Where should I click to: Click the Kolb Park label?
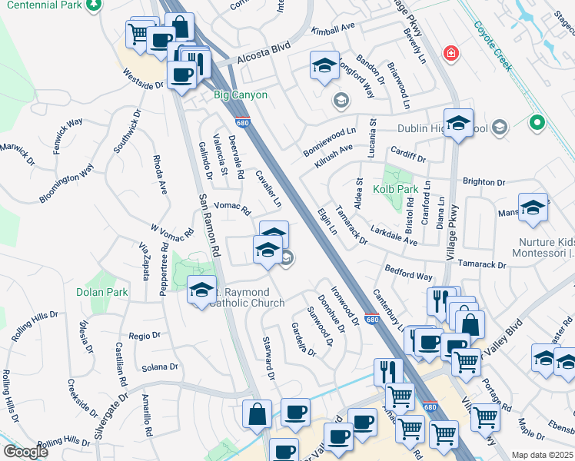pos(395,188)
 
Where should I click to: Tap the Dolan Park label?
pos(101,292)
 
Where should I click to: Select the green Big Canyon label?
pos(240,95)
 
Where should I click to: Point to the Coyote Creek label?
pos(493,45)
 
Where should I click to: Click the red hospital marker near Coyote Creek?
pos(452,54)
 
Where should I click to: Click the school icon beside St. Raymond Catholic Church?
pos(201,289)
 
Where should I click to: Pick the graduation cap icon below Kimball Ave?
pos(324,65)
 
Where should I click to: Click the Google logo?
pos(26,452)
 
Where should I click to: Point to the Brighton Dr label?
pos(484,183)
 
